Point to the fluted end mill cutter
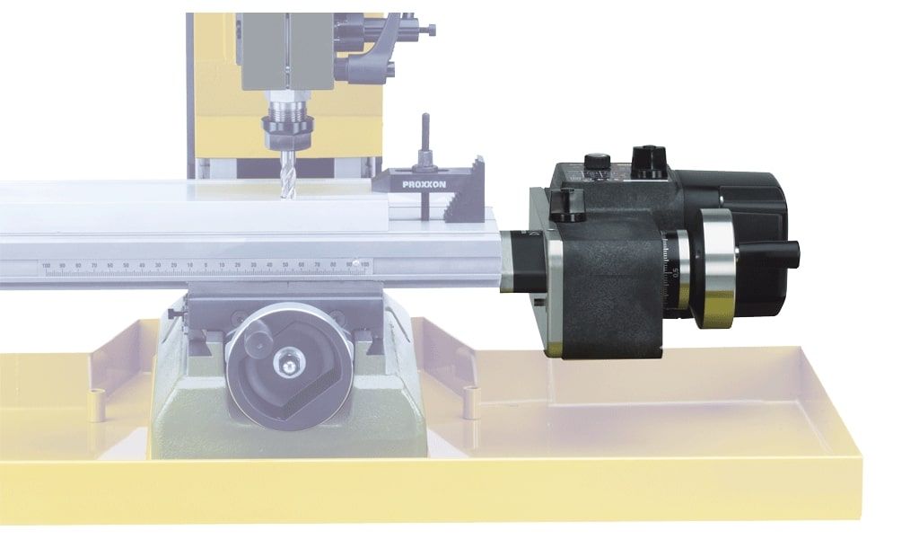pos(286,176)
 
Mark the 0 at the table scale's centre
pos(206,265)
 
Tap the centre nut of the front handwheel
pos(289,365)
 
